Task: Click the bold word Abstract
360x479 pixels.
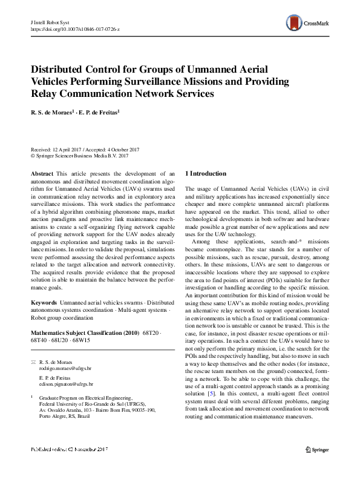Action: click(42, 173)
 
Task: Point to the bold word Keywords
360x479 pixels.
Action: click(44, 302)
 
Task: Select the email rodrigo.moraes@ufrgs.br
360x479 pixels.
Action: click(65, 368)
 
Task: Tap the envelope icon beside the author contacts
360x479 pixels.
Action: click(33, 362)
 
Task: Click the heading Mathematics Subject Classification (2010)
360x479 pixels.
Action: click(84, 333)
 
